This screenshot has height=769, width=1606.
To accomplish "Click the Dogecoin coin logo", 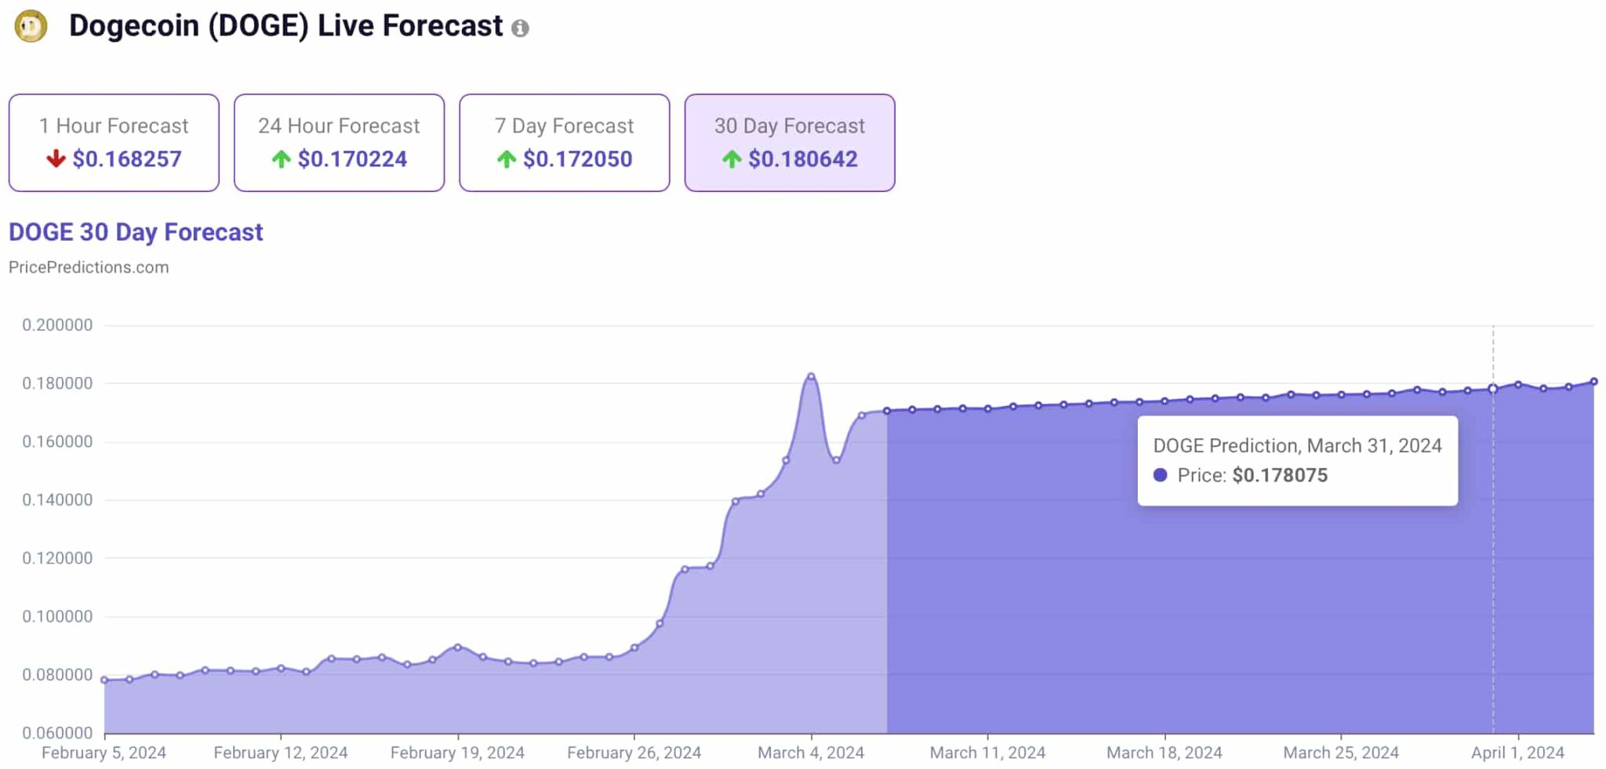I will click(31, 26).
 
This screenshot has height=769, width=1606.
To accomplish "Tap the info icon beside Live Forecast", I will click(520, 28).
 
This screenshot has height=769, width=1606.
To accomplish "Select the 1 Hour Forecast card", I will click(114, 143).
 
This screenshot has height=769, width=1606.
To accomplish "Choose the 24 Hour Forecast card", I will click(339, 143).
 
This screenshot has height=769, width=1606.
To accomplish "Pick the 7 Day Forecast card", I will click(564, 143).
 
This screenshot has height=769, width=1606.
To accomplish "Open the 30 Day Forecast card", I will click(789, 143).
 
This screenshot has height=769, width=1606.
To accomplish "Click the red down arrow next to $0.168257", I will click(56, 159).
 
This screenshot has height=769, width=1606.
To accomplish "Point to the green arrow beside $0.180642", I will click(732, 159).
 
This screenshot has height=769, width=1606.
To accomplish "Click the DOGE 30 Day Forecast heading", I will click(136, 232).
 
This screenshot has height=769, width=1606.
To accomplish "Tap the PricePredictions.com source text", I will click(89, 267).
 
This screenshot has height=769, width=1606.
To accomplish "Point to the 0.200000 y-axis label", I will click(57, 325).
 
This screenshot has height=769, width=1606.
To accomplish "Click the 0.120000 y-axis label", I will click(57, 558).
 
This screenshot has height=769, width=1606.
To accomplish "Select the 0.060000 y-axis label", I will click(57, 733).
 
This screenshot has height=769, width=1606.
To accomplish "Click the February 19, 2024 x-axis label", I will click(457, 753).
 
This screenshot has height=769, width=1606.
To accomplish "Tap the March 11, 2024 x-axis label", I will click(987, 753).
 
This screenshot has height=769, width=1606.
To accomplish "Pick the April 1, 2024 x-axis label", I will click(1517, 753).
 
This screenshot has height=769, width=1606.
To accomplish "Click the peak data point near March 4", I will click(811, 376).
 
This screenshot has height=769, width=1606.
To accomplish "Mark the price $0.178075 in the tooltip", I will click(1280, 475).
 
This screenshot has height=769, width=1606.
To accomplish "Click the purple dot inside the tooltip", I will click(1161, 475).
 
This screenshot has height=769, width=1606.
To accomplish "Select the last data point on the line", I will click(1593, 382).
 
